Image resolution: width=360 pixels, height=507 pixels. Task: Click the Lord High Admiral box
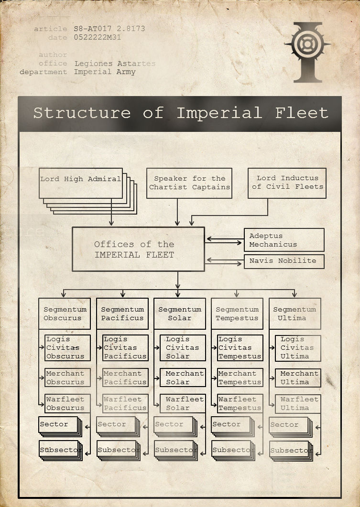[80, 183]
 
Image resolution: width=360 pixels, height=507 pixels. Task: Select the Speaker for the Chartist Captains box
[189, 183]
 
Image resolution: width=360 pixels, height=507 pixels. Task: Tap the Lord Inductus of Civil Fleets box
[287, 183]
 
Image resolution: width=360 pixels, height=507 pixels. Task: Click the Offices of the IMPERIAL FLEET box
[138, 249]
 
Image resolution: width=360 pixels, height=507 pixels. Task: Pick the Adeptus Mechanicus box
[284, 240]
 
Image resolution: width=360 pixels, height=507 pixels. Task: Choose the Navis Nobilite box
[284, 261]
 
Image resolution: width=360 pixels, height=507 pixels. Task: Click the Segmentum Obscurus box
[65, 314]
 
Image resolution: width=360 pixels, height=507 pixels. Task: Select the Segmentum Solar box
[179, 314]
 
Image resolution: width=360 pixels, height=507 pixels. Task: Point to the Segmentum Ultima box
[295, 314]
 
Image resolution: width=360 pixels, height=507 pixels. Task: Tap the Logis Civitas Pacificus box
[125, 348]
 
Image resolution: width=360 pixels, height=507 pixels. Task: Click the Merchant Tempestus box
[240, 378]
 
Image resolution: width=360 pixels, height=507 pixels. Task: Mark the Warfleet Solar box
[182, 403]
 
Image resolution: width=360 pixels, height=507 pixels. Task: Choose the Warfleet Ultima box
[297, 403]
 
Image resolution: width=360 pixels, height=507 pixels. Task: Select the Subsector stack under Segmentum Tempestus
[232, 450]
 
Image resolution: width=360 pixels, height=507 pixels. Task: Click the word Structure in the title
[81, 113]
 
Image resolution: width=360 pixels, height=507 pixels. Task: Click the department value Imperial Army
[105, 72]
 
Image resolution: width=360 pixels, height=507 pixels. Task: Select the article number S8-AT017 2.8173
[109, 29]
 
